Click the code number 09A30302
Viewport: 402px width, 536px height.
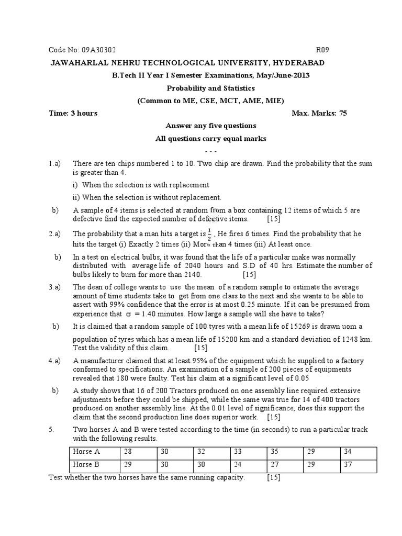[x=98, y=50]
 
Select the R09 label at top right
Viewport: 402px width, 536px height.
[x=322, y=50]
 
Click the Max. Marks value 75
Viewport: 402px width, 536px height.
[x=342, y=113]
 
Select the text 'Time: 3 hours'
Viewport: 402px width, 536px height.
[x=73, y=113]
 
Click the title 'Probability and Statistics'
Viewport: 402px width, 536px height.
[x=211, y=88]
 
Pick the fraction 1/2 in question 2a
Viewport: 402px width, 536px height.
[x=210, y=233]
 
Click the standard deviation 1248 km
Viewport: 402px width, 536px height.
[x=356, y=339]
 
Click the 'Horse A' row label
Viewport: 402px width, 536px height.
[x=87, y=451]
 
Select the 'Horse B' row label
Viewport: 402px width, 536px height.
[x=87, y=464]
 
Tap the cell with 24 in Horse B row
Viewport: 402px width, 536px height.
[x=239, y=464]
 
